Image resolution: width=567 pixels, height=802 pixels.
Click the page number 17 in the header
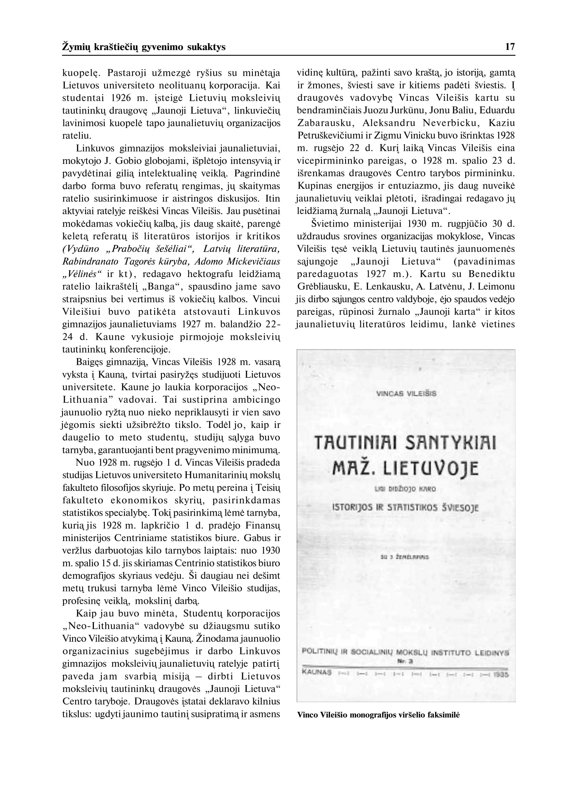coord(510,47)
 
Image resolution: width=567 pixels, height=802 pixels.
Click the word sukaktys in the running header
coord(206,47)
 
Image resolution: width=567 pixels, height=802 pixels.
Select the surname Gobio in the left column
coord(125,161)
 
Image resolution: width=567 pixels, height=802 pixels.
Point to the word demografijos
coord(90,576)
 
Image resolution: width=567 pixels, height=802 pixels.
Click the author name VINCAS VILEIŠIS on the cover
coord(406,394)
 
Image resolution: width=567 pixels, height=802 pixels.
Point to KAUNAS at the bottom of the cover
coord(317,672)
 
